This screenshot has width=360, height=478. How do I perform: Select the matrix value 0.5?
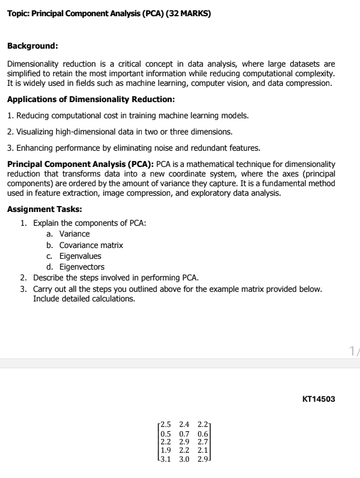click(x=166, y=434)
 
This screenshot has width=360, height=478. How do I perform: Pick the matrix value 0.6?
click(x=203, y=434)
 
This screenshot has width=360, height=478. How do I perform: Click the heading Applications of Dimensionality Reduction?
click(x=91, y=99)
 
